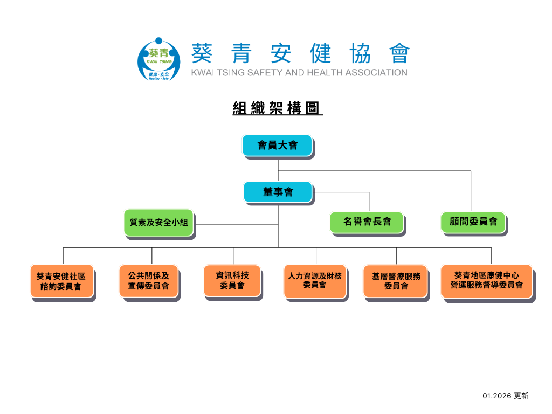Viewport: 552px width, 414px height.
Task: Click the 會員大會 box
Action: tap(277, 146)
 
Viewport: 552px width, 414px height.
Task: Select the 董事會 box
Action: tap(278, 192)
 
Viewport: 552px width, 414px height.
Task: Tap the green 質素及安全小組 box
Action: tap(158, 222)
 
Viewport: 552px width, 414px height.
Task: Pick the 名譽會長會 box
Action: tap(367, 222)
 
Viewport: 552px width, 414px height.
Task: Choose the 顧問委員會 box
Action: tap(473, 222)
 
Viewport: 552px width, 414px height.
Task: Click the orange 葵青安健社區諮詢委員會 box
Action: tap(62, 281)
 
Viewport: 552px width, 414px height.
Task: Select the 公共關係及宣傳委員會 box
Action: tap(148, 281)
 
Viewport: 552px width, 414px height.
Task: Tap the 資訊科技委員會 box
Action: tap(232, 280)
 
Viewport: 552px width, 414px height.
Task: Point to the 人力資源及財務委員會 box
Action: tap(315, 280)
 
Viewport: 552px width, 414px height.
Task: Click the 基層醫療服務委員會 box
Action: tap(396, 281)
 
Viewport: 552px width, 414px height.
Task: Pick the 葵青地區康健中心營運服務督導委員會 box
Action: tap(486, 280)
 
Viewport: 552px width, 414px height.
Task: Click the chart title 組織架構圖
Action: tap(277, 108)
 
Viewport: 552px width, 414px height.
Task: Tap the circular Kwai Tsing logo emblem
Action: tap(158, 59)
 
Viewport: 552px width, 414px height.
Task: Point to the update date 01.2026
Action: tap(496, 396)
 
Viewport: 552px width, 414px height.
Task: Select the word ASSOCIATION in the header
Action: tap(376, 72)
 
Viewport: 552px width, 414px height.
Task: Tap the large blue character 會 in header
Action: tap(398, 53)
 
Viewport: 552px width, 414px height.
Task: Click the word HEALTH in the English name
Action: tap(325, 72)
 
